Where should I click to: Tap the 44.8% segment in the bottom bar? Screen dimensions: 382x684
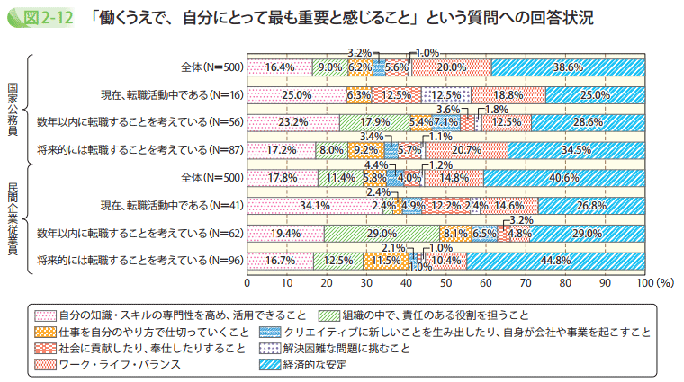tap(555, 262)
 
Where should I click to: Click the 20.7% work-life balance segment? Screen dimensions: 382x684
tap(466, 150)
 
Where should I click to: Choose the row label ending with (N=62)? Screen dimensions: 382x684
tap(135, 234)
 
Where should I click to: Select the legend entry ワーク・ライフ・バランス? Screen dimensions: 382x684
tap(118, 365)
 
